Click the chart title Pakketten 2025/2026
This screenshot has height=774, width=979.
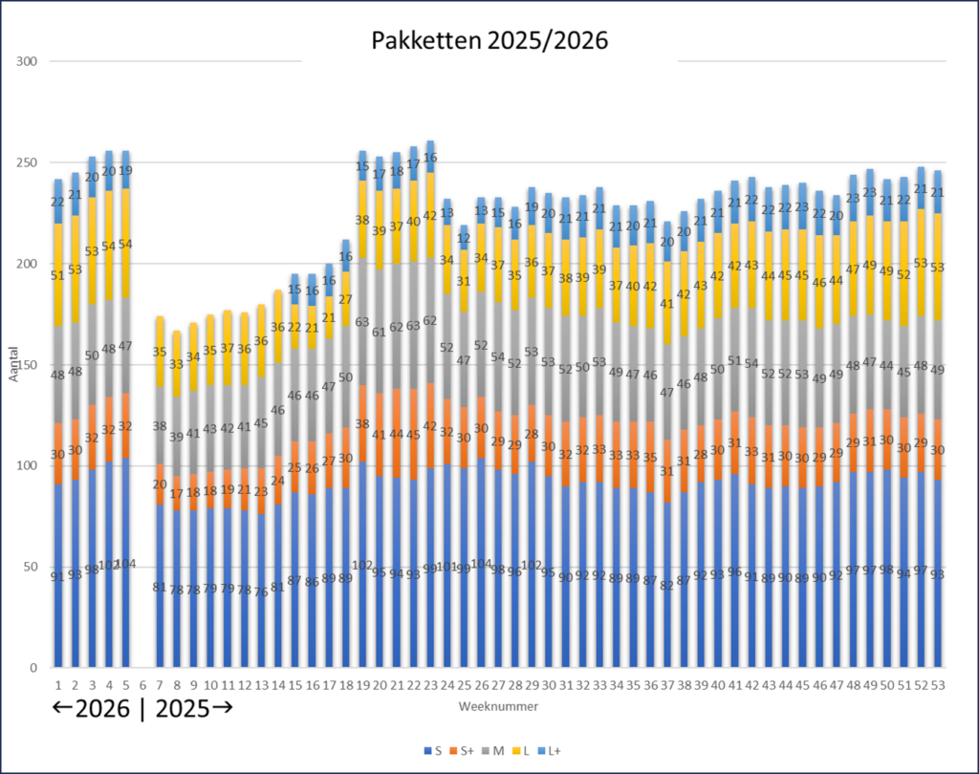point(489,40)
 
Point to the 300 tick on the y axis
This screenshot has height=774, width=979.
point(27,62)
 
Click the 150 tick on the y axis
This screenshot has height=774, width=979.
point(27,365)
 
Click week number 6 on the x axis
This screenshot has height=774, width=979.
point(142,685)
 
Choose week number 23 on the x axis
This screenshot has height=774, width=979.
point(430,685)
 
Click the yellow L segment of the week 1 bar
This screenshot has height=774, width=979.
point(58,277)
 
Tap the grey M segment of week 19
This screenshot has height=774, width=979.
point(363,323)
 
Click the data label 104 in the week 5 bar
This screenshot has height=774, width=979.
point(125,564)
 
